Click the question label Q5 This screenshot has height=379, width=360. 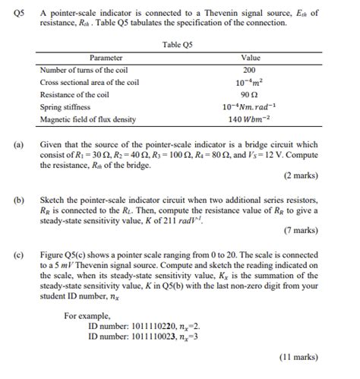[13, 12]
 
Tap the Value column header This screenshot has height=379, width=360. [250, 58]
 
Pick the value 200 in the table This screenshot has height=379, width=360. [250, 70]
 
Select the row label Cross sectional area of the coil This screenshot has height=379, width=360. [90, 82]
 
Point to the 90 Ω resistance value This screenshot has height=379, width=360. [250, 94]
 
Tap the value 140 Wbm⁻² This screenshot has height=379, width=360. [250, 119]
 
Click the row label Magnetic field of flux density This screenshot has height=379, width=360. [87, 119]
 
